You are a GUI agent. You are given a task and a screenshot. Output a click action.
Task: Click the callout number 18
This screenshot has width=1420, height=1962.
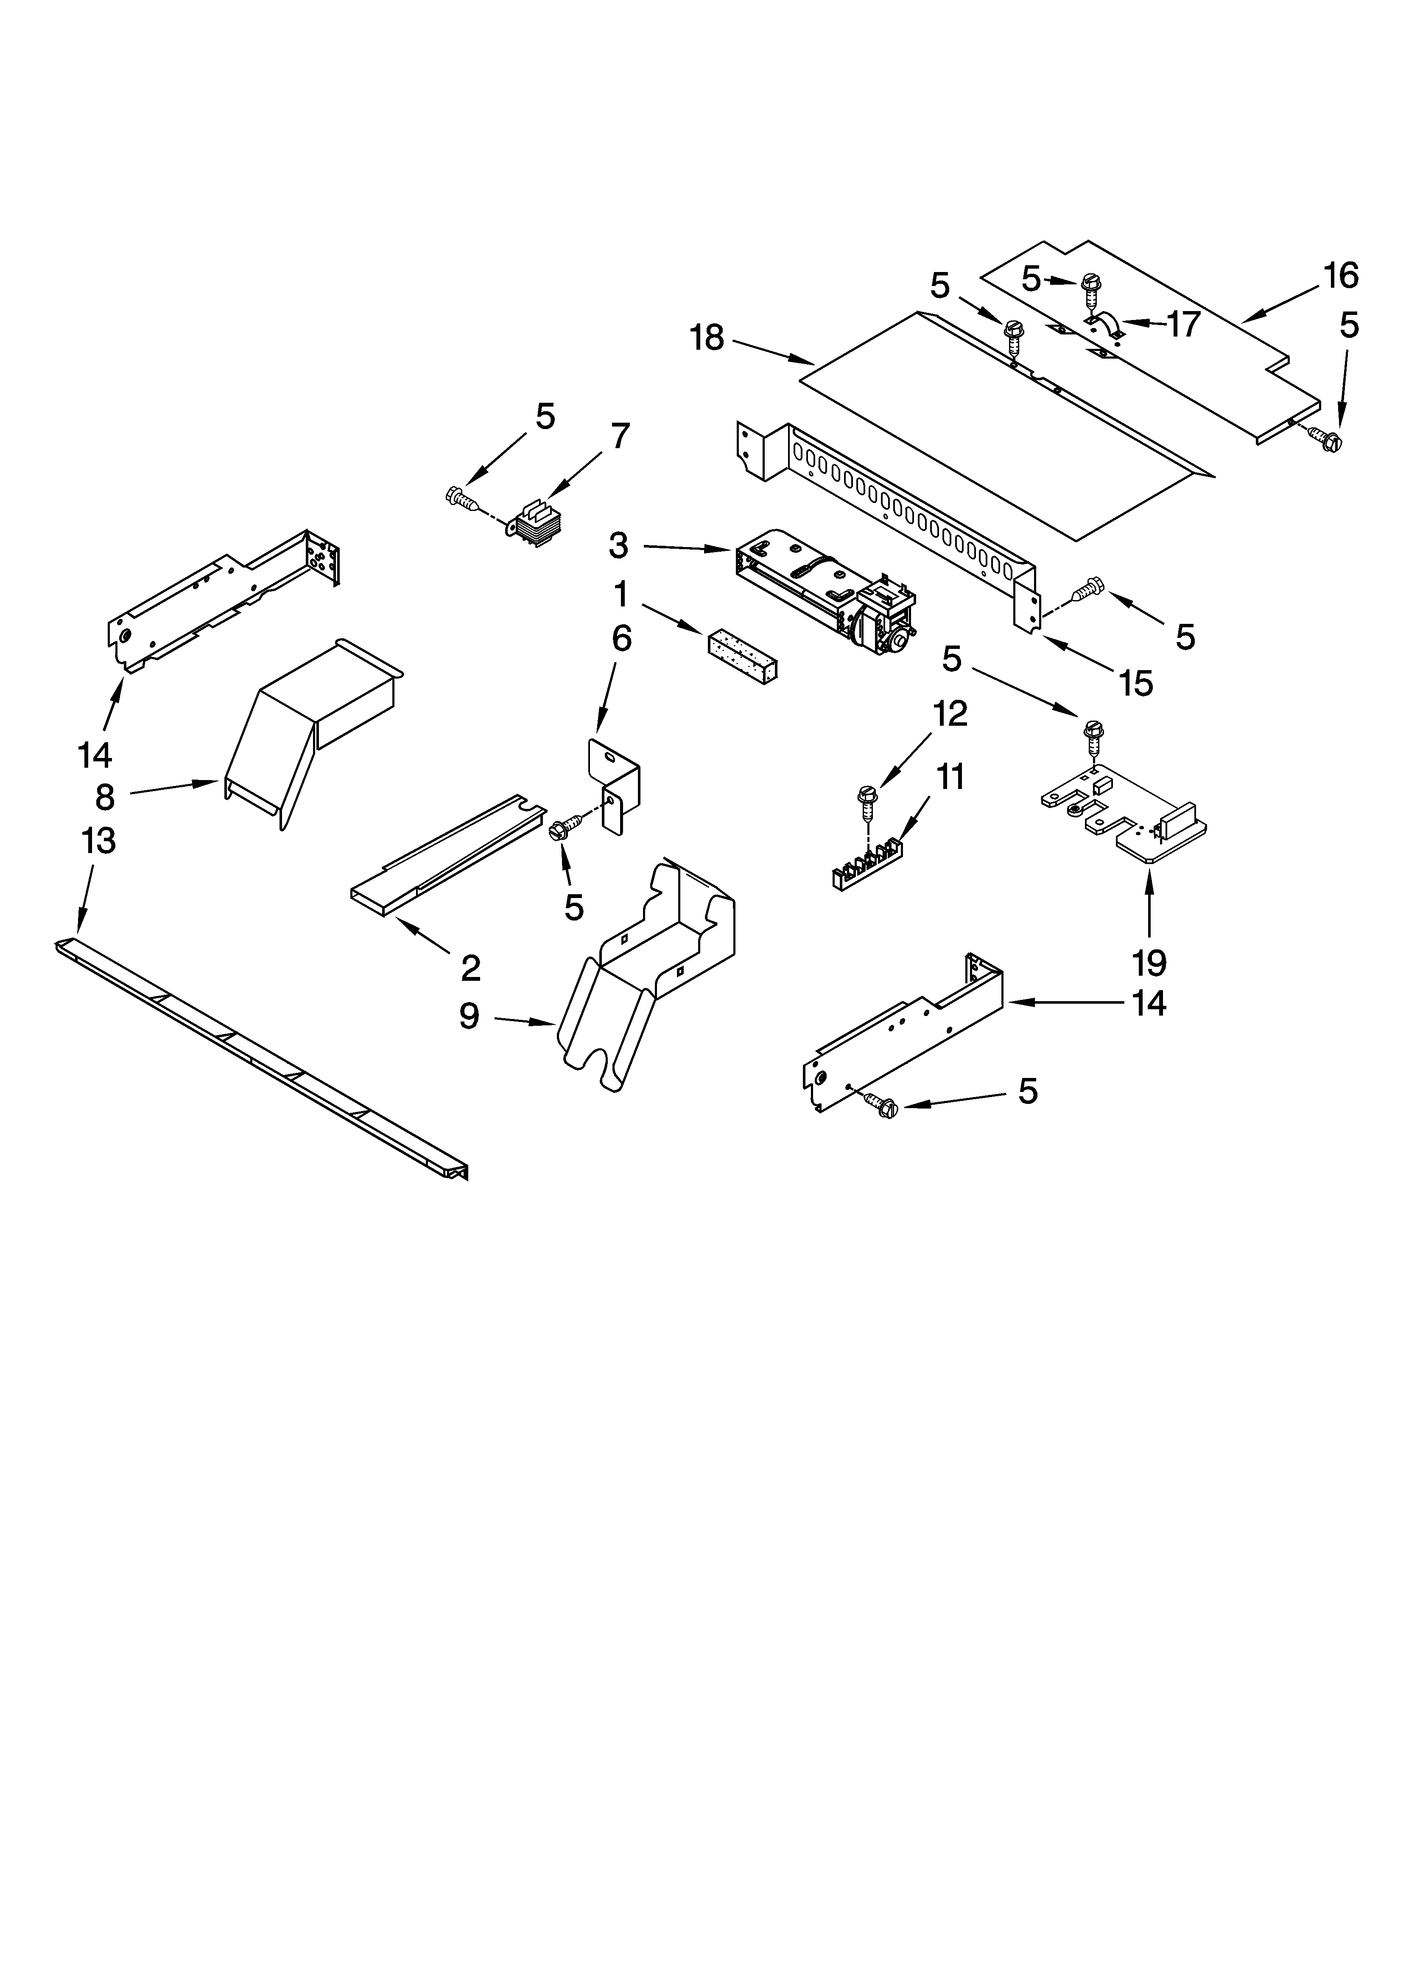(x=707, y=338)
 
